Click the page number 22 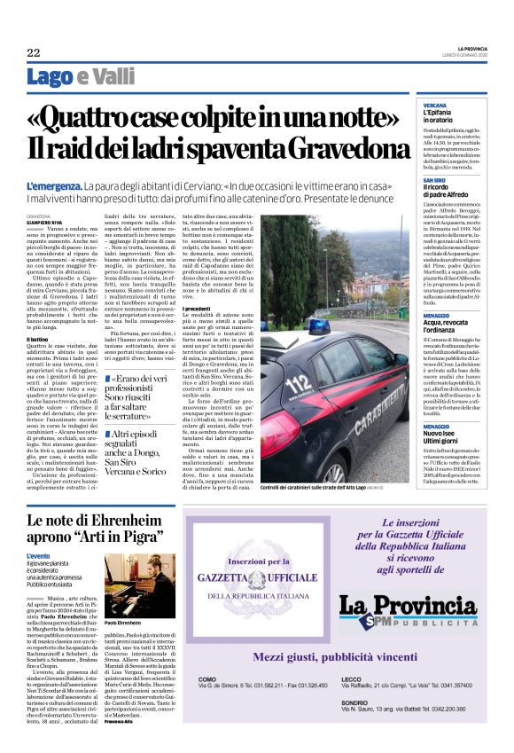33,52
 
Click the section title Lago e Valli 68,77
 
